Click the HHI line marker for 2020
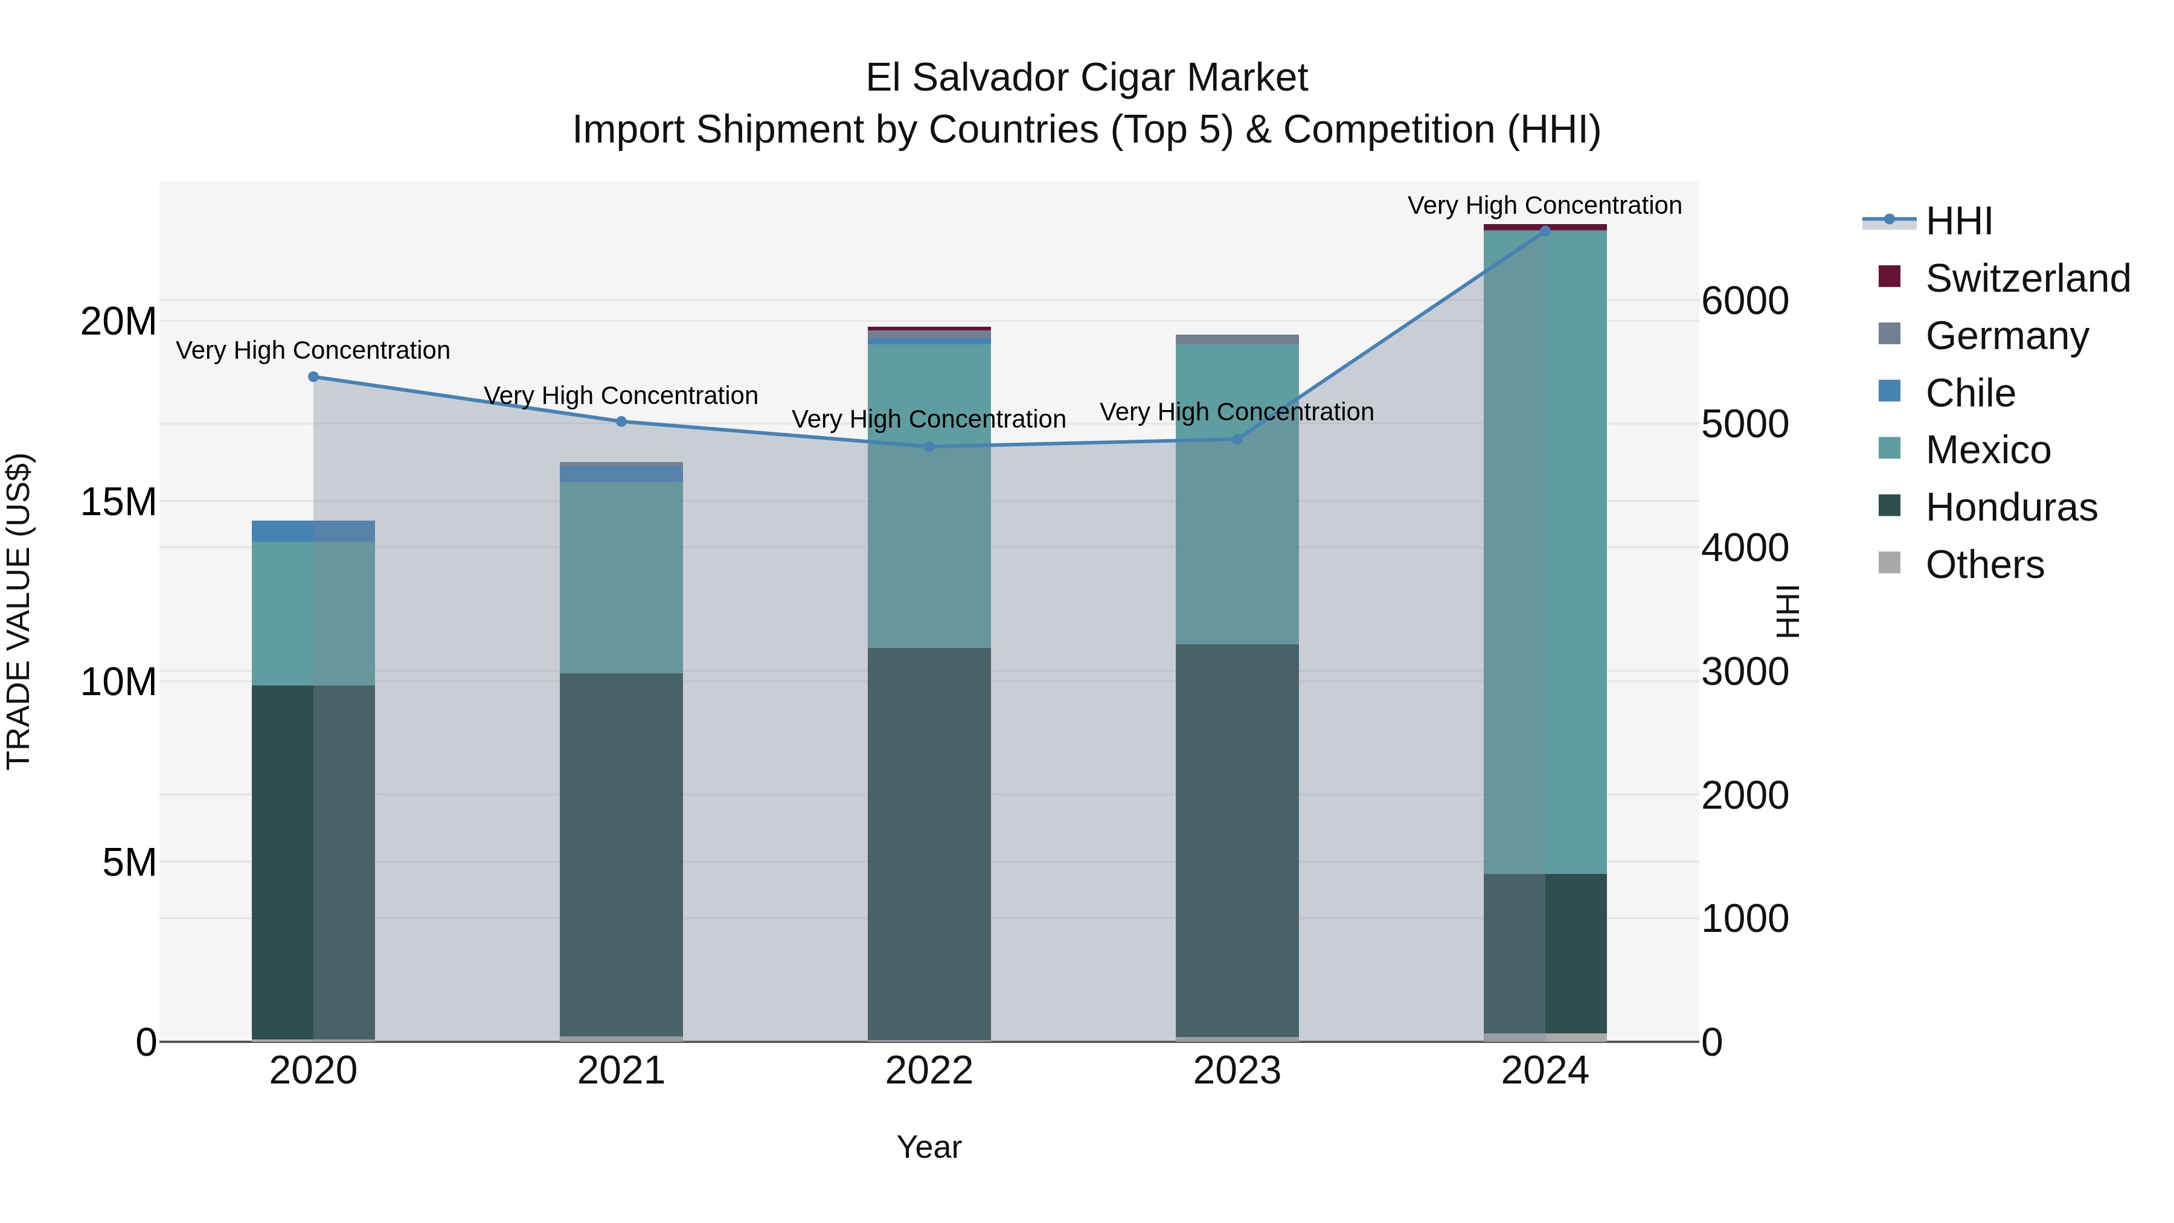click(x=313, y=376)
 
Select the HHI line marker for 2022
click(x=929, y=446)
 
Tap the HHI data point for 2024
click(x=1545, y=231)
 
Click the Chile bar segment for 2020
click(x=313, y=531)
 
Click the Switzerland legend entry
click(x=2027, y=278)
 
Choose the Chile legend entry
click(x=1970, y=393)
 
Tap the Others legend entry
click(x=1984, y=565)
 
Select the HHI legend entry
click(x=1958, y=221)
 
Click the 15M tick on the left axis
click(x=118, y=502)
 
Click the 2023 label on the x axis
click(x=1237, y=1071)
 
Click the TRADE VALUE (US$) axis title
click(x=19, y=611)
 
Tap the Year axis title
click(x=929, y=1147)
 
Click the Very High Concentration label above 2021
click(x=621, y=395)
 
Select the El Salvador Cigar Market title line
click(x=1086, y=78)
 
